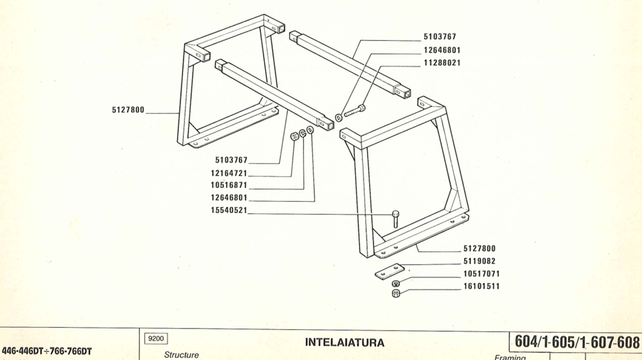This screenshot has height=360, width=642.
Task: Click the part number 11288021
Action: pos(442,62)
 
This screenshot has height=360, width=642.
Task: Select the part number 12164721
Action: pos(229,173)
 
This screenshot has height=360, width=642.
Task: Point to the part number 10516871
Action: pos(229,185)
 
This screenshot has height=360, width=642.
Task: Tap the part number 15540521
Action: pos(229,211)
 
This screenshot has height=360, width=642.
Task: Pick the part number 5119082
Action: pos(480,261)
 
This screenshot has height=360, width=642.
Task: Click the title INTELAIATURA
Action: pos(345,342)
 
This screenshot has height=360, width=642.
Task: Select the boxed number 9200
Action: pos(155,339)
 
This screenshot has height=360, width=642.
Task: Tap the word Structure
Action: pos(181,355)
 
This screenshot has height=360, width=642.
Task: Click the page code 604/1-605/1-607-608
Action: pos(576,341)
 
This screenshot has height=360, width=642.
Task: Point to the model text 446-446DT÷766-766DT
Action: pos(47,351)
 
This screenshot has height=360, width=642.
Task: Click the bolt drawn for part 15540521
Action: pos(396,218)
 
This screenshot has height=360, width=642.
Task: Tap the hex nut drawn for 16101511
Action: pos(396,294)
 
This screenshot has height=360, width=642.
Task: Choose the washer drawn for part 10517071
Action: pos(396,284)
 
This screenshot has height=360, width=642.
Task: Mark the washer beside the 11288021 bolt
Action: pos(339,117)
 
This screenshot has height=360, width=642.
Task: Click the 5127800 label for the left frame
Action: pos(128,110)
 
